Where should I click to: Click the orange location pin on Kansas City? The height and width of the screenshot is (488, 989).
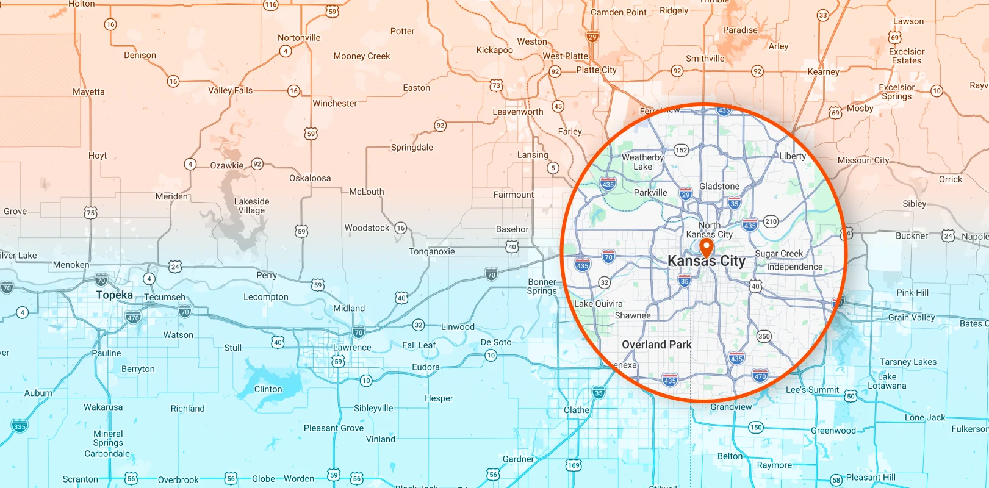coord(707,248)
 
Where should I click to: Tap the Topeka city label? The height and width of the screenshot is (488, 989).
coord(114,295)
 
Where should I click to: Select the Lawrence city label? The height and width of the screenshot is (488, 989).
coord(352,348)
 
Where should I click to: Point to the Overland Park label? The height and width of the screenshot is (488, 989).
coord(656,345)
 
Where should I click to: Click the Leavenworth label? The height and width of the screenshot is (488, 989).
coord(518,112)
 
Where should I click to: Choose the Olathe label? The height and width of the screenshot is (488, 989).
coord(577,410)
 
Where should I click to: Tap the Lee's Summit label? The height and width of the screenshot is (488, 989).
coord(812,390)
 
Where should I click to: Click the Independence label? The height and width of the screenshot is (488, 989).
coord(794,267)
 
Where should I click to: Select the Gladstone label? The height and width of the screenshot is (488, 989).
coord(719,187)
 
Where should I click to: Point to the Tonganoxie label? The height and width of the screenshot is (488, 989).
coord(431,252)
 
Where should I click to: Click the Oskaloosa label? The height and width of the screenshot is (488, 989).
coord(310,178)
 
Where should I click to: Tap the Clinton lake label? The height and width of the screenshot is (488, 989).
coord(268,389)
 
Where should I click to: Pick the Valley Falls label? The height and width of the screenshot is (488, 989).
coord(230,90)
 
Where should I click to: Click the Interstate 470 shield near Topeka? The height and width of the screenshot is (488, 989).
coord(133,317)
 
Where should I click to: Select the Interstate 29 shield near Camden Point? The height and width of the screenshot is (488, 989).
coord(592,37)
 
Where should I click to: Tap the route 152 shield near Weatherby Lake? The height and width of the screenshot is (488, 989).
coord(681,150)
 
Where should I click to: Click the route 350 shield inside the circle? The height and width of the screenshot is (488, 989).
coord(764,336)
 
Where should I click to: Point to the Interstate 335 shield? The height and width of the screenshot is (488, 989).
coord(20,426)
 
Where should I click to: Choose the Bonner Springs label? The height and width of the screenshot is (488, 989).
coord(542,287)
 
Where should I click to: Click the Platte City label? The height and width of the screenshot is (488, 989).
coord(596,70)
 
